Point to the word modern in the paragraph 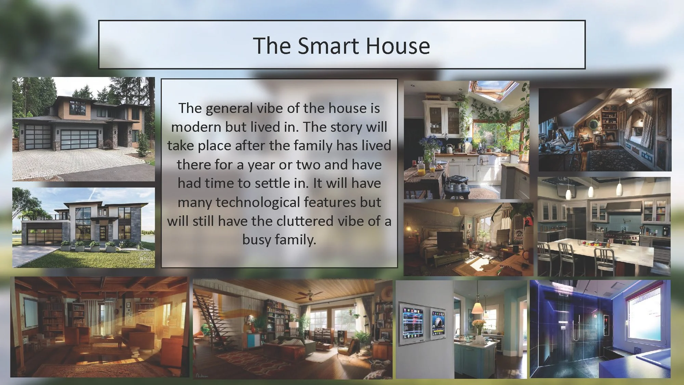[x=196, y=127]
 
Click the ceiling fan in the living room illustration [x=310, y=294]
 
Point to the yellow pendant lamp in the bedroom [x=456, y=211]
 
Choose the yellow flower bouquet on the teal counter [x=478, y=325]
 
